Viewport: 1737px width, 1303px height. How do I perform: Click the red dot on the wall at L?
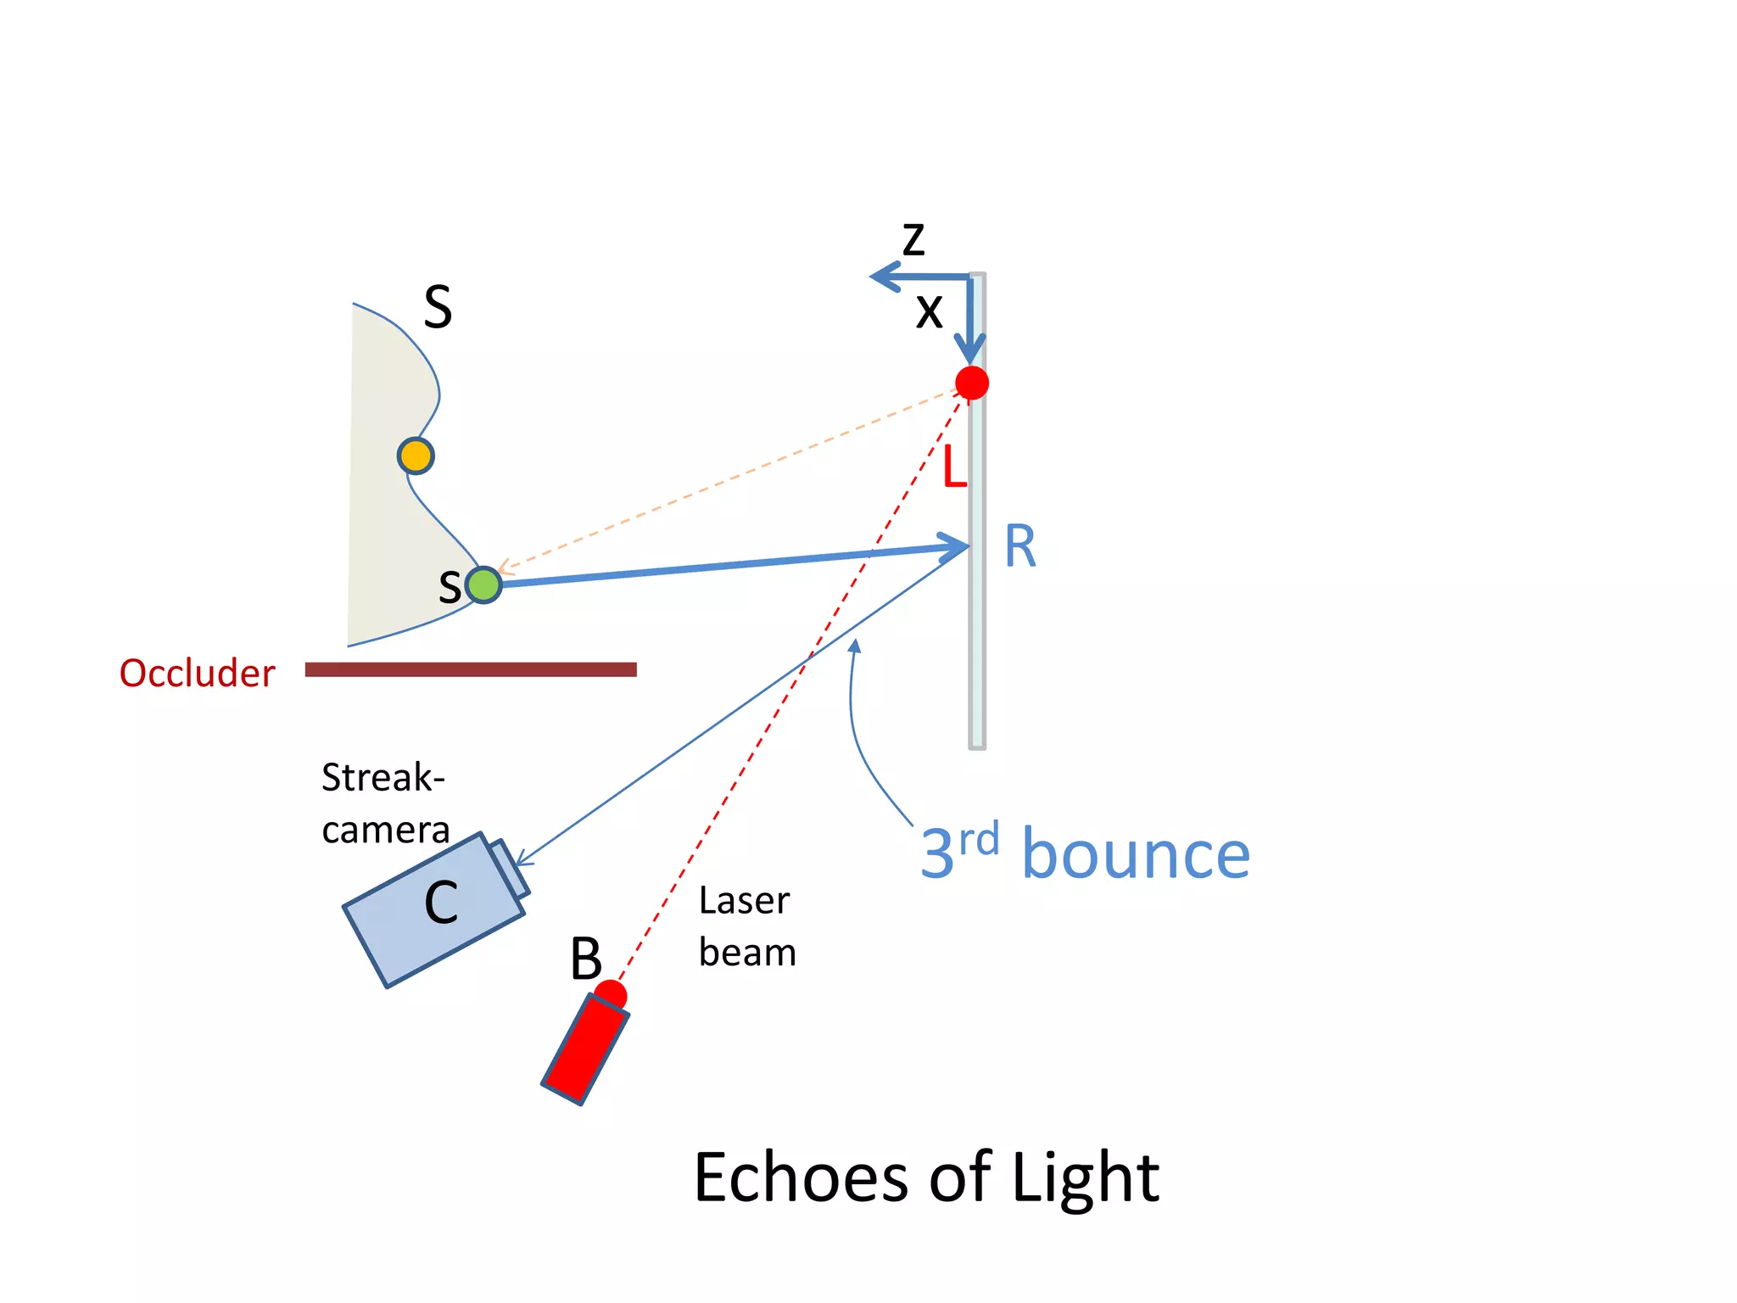pos(972,383)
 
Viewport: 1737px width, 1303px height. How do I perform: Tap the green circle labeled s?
pos(483,584)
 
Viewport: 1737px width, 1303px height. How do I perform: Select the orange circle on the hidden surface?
pos(416,456)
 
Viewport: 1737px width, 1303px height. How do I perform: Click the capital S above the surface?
pos(438,307)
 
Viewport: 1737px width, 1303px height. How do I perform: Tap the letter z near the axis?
pos(913,240)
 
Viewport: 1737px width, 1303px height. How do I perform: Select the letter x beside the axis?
pos(930,311)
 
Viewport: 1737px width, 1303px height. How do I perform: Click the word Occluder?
pos(197,673)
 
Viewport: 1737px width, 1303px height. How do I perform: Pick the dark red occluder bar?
pos(471,669)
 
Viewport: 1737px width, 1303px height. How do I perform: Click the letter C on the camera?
pos(441,903)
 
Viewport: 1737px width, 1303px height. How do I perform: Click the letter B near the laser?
pos(585,959)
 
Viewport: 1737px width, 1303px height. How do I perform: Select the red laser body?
pos(585,1049)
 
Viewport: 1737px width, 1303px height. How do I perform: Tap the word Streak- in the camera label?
pos(383,777)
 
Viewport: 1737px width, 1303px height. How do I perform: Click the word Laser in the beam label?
pos(744,900)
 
